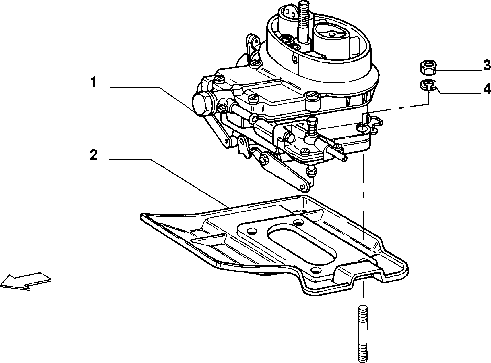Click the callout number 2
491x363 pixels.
click(x=94, y=155)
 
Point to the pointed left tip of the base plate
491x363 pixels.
click(x=142, y=216)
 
